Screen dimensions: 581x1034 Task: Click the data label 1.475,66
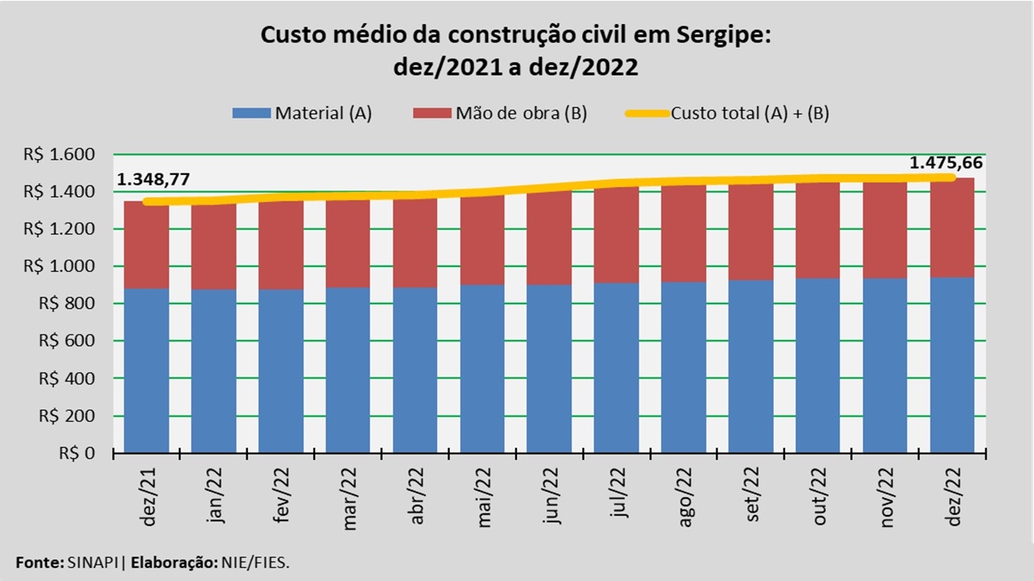946,163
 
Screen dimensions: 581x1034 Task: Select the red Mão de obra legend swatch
432,113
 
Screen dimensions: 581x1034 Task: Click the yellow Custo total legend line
646,113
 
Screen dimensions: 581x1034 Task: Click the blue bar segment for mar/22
348,370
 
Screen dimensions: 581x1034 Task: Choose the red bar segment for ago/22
683,234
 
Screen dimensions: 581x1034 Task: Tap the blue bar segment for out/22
818,365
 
